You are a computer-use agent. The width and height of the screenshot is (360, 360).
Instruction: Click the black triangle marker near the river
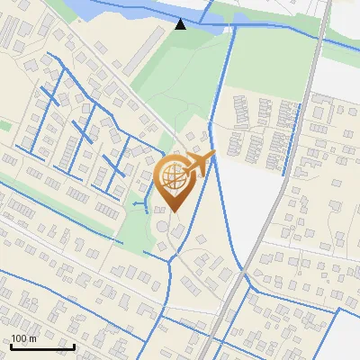[x=181, y=23]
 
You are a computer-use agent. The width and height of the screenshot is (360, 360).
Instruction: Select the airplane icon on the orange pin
[x=200, y=164]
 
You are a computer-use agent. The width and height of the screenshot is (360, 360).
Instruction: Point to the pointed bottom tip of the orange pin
[x=174, y=211]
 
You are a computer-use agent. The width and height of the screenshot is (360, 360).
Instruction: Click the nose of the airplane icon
[x=213, y=155]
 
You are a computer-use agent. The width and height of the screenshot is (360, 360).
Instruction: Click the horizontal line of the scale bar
[x=42, y=346]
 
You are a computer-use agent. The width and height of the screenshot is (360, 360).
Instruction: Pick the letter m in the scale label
[x=33, y=338]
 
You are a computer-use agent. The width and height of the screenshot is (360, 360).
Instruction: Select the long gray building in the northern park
[x=144, y=53]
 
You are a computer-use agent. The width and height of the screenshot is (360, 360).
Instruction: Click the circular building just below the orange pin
[x=162, y=223]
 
